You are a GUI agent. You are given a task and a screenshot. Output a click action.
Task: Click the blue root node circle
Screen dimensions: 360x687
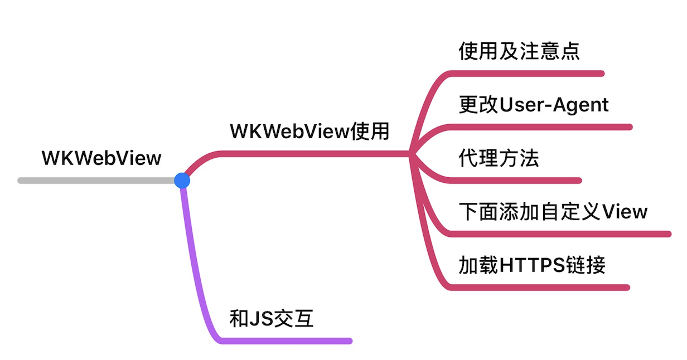182,181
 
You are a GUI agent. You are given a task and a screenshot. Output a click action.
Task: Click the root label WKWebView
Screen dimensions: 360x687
101,158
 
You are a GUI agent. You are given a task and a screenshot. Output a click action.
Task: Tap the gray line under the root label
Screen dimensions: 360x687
95,181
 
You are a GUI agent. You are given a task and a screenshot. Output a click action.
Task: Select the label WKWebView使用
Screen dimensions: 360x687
309,132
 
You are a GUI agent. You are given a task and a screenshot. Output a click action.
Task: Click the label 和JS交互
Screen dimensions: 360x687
272,319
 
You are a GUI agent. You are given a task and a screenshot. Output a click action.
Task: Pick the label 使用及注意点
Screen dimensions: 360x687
519,51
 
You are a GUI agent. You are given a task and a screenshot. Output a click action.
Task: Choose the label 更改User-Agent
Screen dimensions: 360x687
534,105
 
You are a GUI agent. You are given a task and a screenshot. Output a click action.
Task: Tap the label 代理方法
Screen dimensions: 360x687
499,159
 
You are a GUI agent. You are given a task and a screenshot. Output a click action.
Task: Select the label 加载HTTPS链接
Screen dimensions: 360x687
532,265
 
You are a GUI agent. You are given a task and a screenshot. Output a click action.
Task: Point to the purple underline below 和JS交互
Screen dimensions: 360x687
290,341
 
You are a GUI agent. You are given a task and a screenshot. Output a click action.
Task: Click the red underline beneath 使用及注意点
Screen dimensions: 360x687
530,74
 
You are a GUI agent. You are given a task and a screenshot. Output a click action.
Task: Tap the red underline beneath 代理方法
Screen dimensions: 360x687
519,181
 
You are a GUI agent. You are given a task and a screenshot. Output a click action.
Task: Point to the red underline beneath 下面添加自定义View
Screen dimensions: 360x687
563,234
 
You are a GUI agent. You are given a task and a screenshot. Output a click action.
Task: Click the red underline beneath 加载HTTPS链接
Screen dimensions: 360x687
541,288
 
